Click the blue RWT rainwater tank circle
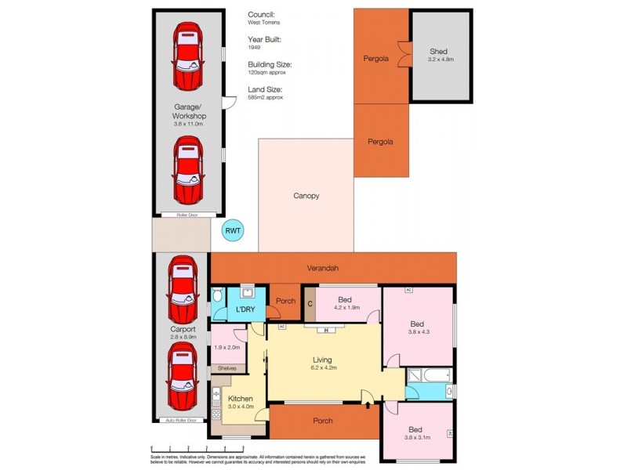[x=233, y=230]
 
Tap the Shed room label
[x=439, y=51]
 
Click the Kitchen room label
[x=240, y=399]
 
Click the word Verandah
[x=323, y=269]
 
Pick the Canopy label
[x=306, y=196]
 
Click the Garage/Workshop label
[x=188, y=110]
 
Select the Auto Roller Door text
[x=180, y=421]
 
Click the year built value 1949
[x=254, y=47]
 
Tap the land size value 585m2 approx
[x=265, y=97]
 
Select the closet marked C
[x=310, y=304]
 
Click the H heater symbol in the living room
[x=323, y=331]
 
